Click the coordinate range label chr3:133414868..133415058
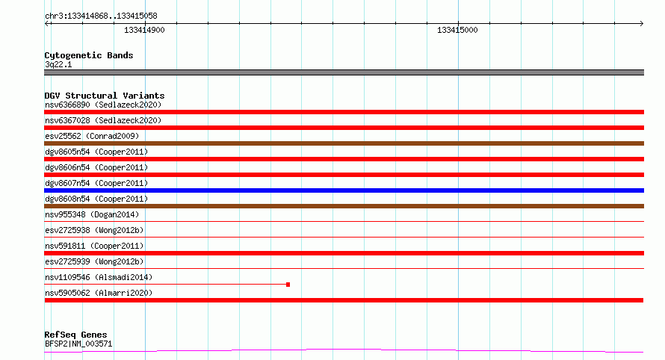coord(101,16)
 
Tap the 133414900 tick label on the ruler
coord(144,30)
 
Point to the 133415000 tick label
coord(457,30)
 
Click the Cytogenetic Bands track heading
coord(89,55)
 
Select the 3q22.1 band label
coord(58,64)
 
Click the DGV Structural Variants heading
coord(105,96)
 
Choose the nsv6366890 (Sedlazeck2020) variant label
coord(103,105)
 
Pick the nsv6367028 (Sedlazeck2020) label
coord(103,120)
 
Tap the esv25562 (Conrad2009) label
coord(92,136)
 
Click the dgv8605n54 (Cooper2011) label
coord(96,152)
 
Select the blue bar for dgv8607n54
coord(344,190)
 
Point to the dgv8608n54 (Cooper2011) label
coord(96,199)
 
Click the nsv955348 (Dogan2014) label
coord(92,214)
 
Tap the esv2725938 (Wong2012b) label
coord(94,230)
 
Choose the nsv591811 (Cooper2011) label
coord(94,246)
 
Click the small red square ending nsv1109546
coord(288,285)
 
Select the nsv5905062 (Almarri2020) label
coord(99,293)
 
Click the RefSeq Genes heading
coord(75,335)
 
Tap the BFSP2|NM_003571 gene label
coord(78,344)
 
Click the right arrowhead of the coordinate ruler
coord(643,24)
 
